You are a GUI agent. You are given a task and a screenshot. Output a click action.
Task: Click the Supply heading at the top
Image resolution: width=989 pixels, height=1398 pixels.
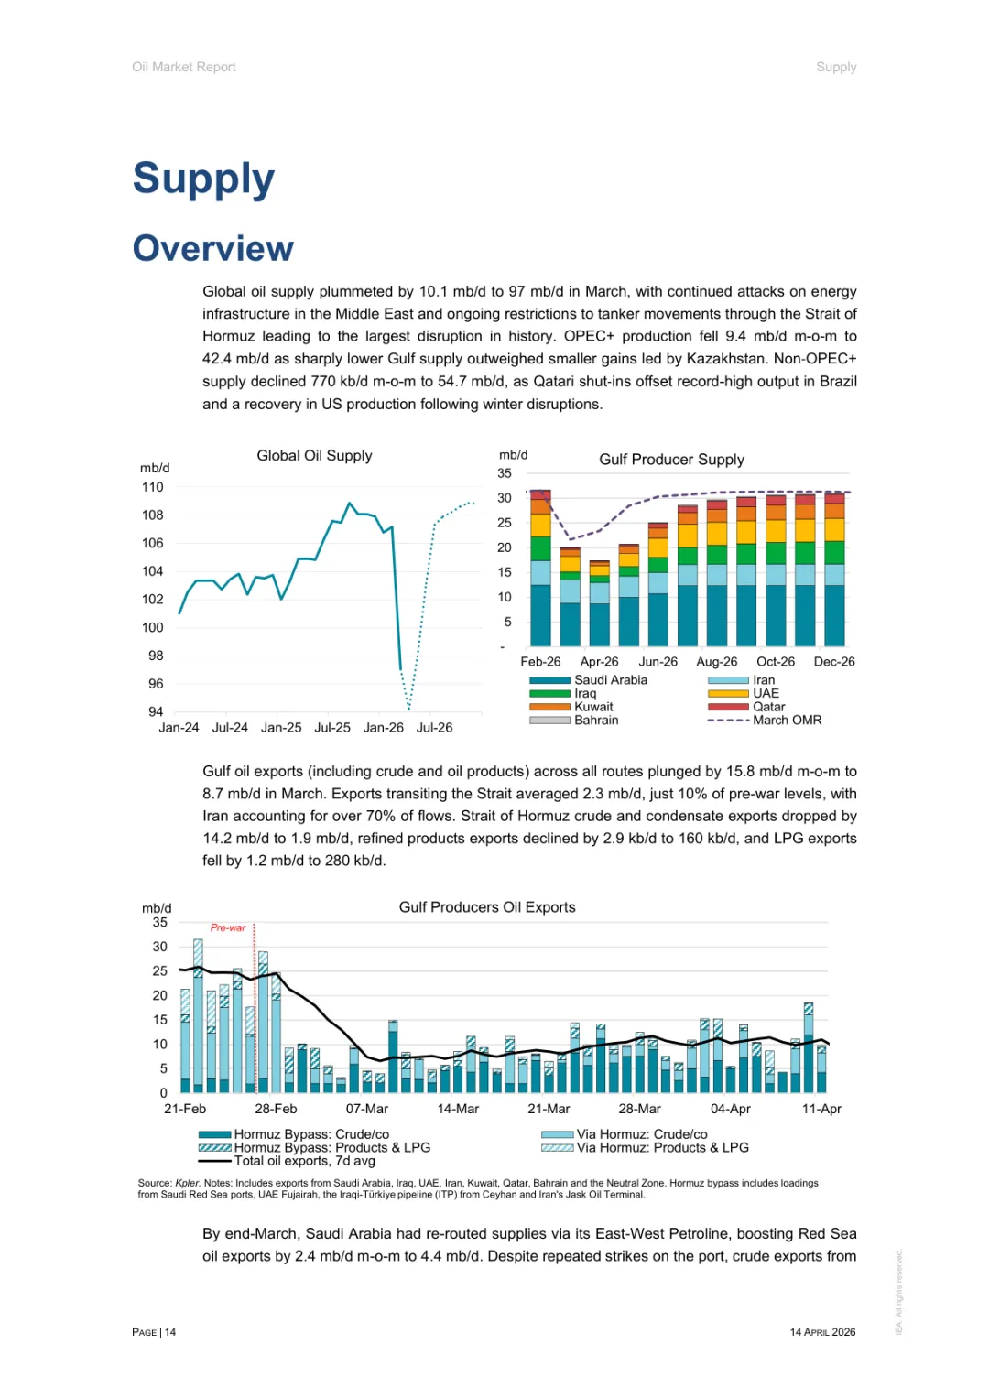203,179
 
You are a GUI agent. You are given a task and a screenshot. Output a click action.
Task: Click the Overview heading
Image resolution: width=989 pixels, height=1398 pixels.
213,248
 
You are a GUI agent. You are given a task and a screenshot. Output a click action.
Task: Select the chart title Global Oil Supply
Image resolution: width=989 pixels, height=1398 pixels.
314,456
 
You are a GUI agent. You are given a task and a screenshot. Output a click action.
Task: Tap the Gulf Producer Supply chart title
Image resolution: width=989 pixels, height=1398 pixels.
671,460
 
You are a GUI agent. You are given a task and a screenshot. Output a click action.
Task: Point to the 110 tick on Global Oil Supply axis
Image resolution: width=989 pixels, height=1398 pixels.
153,488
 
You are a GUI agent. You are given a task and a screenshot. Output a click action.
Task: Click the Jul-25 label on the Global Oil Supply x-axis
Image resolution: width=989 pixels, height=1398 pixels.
332,728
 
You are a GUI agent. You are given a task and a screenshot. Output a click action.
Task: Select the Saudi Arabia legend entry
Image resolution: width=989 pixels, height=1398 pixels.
610,680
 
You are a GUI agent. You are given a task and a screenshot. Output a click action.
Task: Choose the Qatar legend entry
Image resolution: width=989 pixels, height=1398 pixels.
768,707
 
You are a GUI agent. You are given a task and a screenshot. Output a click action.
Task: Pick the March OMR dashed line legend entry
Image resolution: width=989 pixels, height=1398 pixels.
787,721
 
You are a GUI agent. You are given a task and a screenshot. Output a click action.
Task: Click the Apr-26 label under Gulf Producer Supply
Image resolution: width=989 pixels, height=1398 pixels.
599,662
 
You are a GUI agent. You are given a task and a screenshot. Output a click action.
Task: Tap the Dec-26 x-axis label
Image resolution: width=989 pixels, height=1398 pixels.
834,662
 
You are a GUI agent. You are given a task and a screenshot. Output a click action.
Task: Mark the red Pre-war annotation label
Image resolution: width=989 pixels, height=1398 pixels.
228,927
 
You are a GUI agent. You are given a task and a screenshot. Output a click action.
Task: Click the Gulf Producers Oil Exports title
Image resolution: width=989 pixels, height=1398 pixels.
487,907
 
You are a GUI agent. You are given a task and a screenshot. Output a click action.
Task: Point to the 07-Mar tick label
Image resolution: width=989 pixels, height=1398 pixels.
367,1109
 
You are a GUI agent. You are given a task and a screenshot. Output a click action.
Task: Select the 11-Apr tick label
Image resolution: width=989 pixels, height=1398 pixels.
821,1109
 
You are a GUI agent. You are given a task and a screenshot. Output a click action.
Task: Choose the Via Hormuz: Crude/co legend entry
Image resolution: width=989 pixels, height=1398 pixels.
641,1134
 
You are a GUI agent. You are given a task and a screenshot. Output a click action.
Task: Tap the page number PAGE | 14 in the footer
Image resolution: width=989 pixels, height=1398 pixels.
154,1332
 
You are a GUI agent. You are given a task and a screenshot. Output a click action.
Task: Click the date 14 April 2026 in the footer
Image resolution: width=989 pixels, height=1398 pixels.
822,1332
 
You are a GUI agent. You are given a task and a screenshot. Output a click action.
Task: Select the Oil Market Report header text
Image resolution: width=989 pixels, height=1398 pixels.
184,67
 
